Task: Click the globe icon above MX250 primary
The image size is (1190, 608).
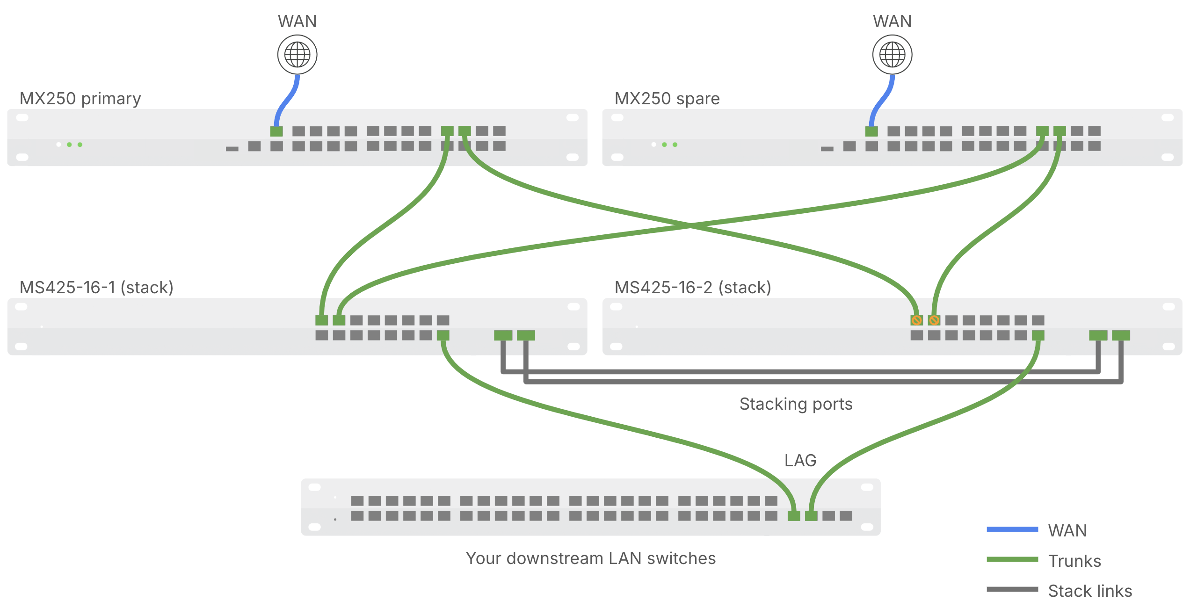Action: point(297,55)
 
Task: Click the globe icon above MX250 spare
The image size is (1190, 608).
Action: point(892,55)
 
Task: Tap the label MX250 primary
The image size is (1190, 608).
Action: point(80,99)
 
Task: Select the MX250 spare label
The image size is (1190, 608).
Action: point(667,99)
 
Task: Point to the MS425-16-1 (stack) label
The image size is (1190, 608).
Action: point(96,287)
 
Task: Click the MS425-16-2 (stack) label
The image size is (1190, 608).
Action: point(693,287)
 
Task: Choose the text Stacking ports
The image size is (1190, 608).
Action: point(796,404)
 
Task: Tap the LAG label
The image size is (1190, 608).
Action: point(800,461)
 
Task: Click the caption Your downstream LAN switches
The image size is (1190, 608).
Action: point(590,558)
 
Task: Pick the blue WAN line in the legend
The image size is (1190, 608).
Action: point(1012,529)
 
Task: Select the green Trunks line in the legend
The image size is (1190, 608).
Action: point(1012,559)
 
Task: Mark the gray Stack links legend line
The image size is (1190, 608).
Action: point(1012,589)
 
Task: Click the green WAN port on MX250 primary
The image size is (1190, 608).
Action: point(276,131)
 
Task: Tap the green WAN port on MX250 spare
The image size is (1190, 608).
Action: point(871,131)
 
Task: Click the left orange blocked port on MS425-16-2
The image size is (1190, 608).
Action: point(916,320)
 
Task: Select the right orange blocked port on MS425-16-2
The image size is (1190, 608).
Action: point(934,320)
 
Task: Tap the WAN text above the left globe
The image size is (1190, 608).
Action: point(297,22)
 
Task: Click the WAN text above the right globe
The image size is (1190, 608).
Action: point(892,22)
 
